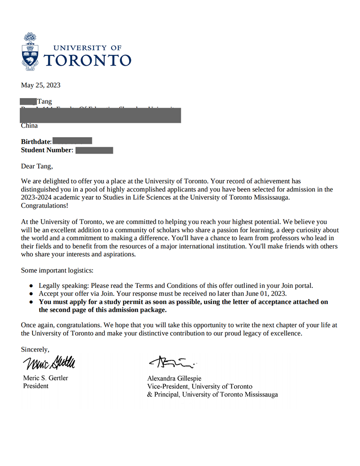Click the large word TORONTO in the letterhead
[x=88, y=60]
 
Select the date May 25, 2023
[x=40, y=85]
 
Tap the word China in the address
[x=29, y=125]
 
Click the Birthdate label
[x=36, y=142]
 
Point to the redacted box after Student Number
[x=94, y=150]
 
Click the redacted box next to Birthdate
[x=72, y=141]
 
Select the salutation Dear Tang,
[x=37, y=166]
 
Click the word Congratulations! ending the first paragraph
[x=45, y=206]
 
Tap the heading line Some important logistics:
[x=57, y=270]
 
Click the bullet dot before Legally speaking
[x=31, y=286]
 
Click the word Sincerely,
[x=36, y=349]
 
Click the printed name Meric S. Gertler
[x=45, y=378]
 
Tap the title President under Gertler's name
[x=36, y=386]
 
